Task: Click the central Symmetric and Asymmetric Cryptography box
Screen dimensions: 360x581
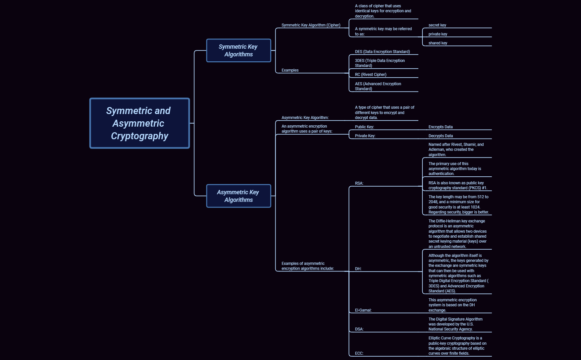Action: tap(139, 123)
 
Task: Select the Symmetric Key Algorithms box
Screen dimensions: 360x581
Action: tap(238, 50)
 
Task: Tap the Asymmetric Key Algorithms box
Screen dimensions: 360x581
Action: tap(238, 196)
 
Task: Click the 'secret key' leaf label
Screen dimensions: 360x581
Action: tap(437, 25)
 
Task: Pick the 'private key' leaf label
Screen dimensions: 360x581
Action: tap(438, 34)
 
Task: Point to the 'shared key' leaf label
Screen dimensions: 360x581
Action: tap(438, 43)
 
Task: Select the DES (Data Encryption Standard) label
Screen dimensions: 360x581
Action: tap(382, 52)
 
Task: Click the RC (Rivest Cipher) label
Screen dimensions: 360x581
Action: tap(371, 75)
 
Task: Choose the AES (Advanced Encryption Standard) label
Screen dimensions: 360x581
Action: tap(378, 86)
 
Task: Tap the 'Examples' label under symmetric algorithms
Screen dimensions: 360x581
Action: tap(290, 70)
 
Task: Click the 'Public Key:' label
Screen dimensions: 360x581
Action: tap(364, 127)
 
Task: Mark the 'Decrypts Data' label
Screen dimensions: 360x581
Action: tap(441, 136)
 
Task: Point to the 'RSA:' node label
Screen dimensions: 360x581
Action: tap(359, 183)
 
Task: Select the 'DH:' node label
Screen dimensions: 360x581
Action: tap(358, 269)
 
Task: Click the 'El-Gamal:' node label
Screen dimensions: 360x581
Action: tap(363, 310)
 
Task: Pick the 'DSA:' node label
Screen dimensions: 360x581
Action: tap(359, 329)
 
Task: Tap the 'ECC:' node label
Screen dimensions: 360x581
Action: tap(359, 353)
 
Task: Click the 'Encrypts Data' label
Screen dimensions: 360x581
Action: tap(440, 127)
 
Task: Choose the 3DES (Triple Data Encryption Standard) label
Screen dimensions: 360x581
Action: tap(380, 63)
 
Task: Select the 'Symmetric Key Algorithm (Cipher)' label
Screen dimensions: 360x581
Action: tap(311, 25)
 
